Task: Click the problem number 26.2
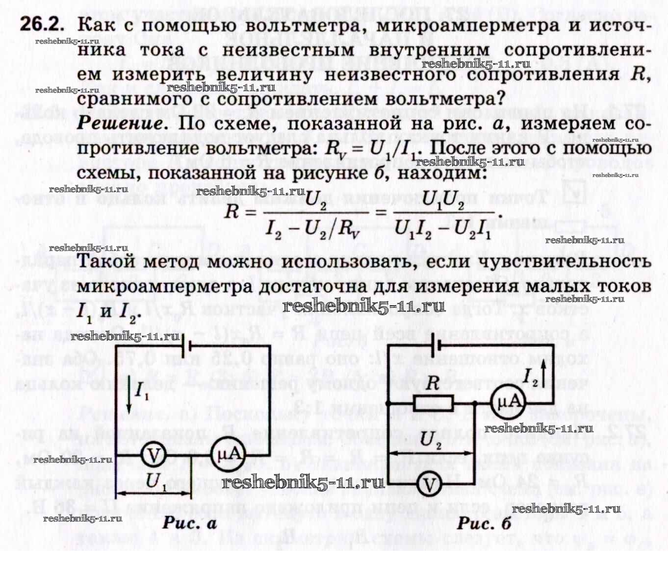tap(42, 24)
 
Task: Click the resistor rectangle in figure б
tap(433, 403)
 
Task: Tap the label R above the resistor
tap(432, 383)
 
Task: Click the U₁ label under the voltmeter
tap(156, 481)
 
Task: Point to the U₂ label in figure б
tap(431, 439)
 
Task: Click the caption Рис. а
tap(189, 523)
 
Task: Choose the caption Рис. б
tap(484, 523)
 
